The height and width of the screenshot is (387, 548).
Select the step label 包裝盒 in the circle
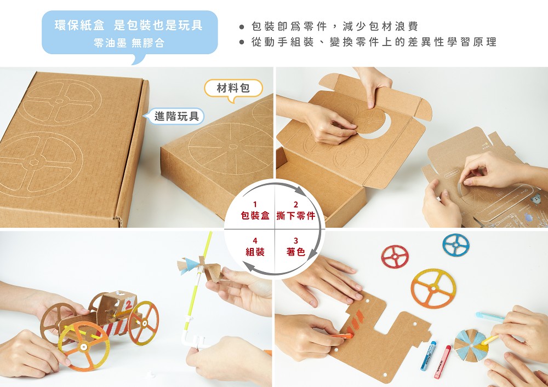tap(255, 216)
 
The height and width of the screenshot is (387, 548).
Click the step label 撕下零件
tap(296, 216)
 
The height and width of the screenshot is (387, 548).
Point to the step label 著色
tap(296, 252)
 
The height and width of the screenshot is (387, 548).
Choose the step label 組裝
tap(255, 252)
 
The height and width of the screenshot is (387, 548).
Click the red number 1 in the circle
tap(255, 205)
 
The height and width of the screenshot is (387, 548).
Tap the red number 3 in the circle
tap(296, 241)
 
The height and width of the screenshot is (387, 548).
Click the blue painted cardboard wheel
tap(456, 245)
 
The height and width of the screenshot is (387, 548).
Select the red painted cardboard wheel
tap(395, 256)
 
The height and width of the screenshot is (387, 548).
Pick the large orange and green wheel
tap(433, 288)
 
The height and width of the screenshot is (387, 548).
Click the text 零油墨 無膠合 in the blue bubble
tap(129, 43)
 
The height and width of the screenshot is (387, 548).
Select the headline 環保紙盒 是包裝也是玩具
tap(129, 26)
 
